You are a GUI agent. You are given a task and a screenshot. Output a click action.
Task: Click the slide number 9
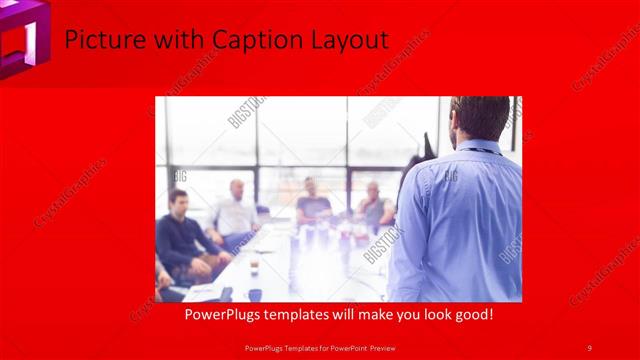point(589,347)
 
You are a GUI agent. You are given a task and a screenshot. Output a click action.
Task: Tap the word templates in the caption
point(307,314)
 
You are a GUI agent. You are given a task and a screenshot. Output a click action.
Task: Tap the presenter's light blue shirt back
point(465,220)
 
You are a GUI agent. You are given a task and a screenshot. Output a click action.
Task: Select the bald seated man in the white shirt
point(236,210)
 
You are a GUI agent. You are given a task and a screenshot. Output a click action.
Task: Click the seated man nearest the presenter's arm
point(375,205)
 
